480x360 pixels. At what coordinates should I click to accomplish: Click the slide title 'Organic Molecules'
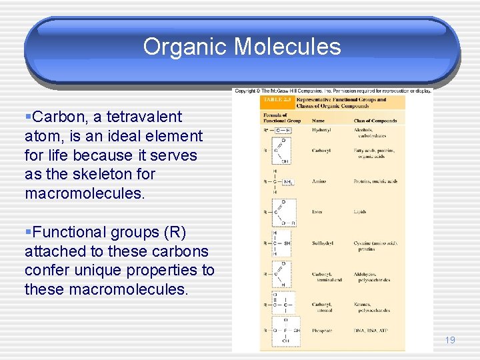241,47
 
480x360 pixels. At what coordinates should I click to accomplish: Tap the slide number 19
450,340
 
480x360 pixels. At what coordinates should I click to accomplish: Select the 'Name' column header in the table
319,121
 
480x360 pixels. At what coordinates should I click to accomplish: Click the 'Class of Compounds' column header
375,121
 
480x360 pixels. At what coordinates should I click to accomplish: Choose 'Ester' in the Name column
318,212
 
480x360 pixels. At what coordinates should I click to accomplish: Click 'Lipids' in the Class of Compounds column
360,212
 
